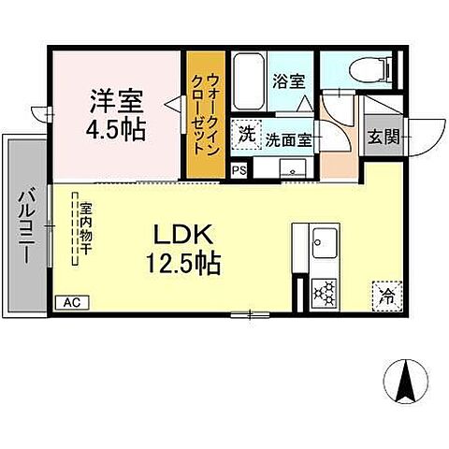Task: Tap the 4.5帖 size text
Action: click(x=117, y=128)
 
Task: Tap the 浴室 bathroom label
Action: click(x=288, y=81)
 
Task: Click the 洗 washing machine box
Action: click(x=246, y=133)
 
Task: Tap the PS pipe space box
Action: click(x=239, y=170)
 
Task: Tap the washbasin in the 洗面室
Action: click(x=293, y=168)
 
